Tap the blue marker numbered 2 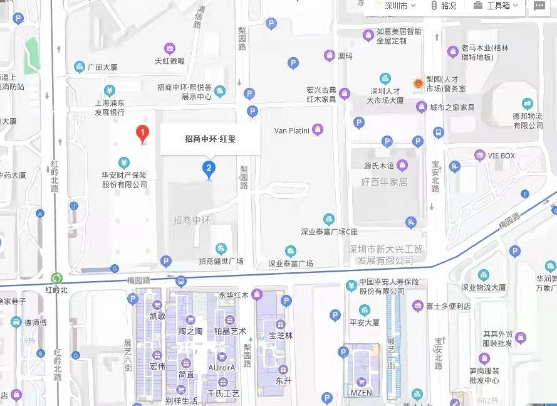click(209, 168)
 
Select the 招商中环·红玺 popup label click(210, 139)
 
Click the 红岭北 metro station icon click(57, 278)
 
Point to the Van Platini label click(293, 131)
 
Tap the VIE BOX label click(501, 156)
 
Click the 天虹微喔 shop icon click(169, 49)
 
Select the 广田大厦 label click(103, 67)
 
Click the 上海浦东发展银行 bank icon click(110, 90)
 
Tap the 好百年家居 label click(384, 182)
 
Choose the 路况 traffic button click(444, 6)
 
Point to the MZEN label click(361, 393)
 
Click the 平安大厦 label click(365, 323)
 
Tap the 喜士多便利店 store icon click(418, 306)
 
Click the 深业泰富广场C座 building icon click(329, 220)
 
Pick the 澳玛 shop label click(345, 56)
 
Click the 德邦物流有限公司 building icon click(528, 104)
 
